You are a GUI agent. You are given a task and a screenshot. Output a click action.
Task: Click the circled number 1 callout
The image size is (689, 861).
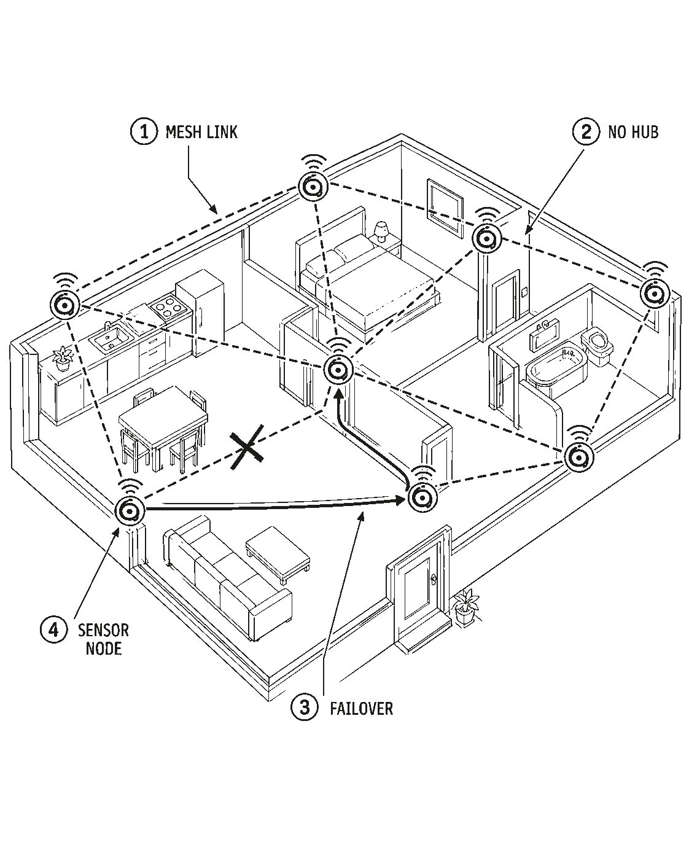point(144,131)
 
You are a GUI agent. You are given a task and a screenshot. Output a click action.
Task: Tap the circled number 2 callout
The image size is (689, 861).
point(586,131)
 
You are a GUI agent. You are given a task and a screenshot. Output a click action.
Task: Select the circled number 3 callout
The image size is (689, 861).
point(305,707)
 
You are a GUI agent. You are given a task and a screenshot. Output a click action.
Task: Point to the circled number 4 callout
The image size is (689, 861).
point(54,630)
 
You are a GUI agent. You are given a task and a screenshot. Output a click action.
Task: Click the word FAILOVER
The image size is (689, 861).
point(361,709)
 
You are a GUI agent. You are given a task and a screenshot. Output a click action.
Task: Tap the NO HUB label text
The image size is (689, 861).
point(633,132)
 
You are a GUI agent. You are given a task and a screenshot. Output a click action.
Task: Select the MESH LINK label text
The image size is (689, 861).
point(201,132)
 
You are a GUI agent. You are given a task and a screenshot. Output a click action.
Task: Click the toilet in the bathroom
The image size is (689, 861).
point(598,346)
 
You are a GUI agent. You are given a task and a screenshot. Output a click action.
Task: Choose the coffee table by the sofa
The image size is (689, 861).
point(278,551)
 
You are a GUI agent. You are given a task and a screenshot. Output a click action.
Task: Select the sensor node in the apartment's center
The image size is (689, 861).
point(338,370)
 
